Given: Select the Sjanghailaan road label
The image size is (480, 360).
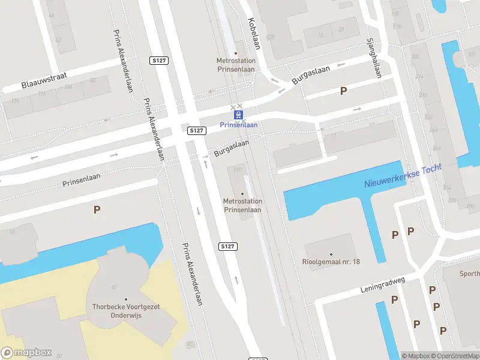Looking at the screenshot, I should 374,59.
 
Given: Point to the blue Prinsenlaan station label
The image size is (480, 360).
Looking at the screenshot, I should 239,125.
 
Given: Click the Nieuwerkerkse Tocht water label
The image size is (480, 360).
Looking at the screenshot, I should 403,176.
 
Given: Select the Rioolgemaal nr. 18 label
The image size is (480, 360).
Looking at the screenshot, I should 331,262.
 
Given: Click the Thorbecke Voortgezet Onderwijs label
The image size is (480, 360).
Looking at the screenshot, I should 126,310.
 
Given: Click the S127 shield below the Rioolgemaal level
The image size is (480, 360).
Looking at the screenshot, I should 227,247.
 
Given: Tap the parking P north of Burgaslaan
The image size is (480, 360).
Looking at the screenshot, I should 343,91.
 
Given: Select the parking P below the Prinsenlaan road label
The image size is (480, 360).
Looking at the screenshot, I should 96,209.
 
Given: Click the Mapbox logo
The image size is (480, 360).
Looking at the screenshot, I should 26,353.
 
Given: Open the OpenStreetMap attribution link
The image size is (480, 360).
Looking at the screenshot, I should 454,356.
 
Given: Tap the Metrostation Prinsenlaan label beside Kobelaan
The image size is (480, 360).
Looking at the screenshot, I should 236,64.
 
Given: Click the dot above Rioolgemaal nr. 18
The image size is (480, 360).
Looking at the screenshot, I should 331,254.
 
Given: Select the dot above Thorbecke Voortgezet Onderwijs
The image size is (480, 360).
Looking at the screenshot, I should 126,299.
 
